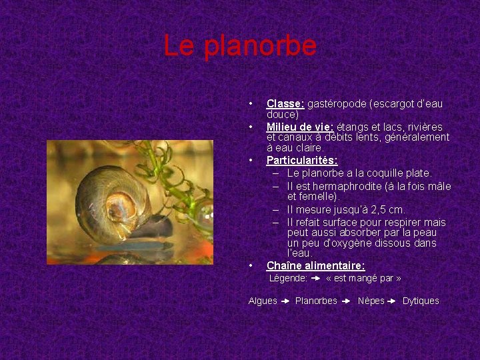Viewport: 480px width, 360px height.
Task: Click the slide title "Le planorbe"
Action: tap(240, 46)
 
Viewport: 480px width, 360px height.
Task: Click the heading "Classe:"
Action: tap(285, 103)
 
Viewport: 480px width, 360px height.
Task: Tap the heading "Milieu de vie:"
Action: tap(301, 127)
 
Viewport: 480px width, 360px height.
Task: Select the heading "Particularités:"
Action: tap(302, 160)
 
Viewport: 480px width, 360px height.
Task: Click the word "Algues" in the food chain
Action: tap(263, 301)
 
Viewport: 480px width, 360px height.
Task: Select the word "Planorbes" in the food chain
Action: tap(316, 301)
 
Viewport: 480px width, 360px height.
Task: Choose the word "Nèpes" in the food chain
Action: tap(371, 301)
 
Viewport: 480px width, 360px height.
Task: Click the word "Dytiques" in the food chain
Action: tap(421, 301)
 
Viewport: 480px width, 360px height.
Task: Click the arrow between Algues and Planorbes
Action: tap(285, 301)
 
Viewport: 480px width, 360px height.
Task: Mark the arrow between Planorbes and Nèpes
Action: tap(347, 301)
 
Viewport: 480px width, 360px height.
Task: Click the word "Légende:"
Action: tap(288, 278)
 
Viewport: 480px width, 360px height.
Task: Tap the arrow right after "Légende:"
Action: tap(316, 278)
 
